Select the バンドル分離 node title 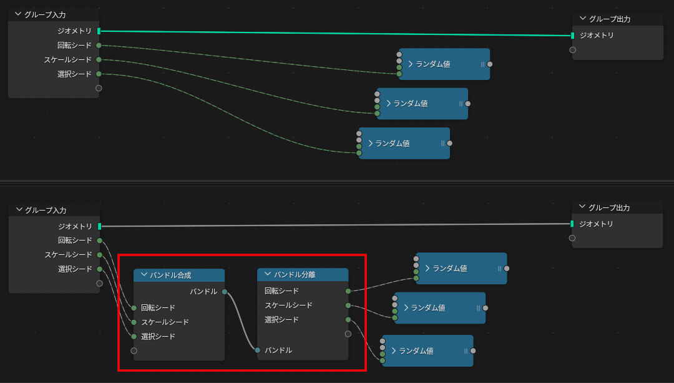coord(295,274)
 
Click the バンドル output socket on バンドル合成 coord(225,291)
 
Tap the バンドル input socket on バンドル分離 coord(258,350)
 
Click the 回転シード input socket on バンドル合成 coord(134,307)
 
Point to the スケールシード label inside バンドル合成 coord(165,322)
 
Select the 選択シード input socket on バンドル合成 coord(134,336)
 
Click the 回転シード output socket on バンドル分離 coord(348,291)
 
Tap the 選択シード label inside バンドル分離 coord(281,320)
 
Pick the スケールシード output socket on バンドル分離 coord(348,306)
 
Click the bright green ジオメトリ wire coord(337,32)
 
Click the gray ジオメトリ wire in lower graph coord(337,225)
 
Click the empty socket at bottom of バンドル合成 coord(134,351)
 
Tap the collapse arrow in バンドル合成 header coord(144,275)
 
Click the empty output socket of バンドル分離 coord(348,334)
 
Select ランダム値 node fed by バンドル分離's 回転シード coord(462,268)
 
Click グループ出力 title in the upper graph coord(609,19)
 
